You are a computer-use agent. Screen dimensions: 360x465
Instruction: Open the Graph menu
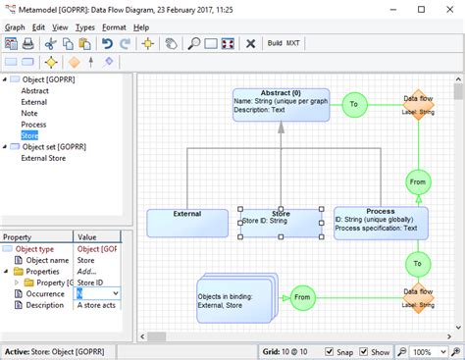coord(16,27)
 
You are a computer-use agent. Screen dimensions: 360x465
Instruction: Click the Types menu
coord(85,27)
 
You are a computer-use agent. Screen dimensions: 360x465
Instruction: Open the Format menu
coord(114,27)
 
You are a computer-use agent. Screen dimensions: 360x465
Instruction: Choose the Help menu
coord(142,27)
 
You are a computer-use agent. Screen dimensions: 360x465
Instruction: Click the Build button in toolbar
coord(275,44)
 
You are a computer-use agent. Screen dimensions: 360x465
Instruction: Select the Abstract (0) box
coord(281,104)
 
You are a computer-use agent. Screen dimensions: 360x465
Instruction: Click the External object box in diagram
coord(186,223)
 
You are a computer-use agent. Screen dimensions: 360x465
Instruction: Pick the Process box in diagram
coord(380,223)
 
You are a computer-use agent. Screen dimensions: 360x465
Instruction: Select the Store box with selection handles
coord(281,223)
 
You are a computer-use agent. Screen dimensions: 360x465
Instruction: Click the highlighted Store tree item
coord(29,134)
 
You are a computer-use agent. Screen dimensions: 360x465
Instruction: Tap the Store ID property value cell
coord(98,282)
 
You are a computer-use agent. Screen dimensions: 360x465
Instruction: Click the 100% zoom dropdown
coord(429,351)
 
